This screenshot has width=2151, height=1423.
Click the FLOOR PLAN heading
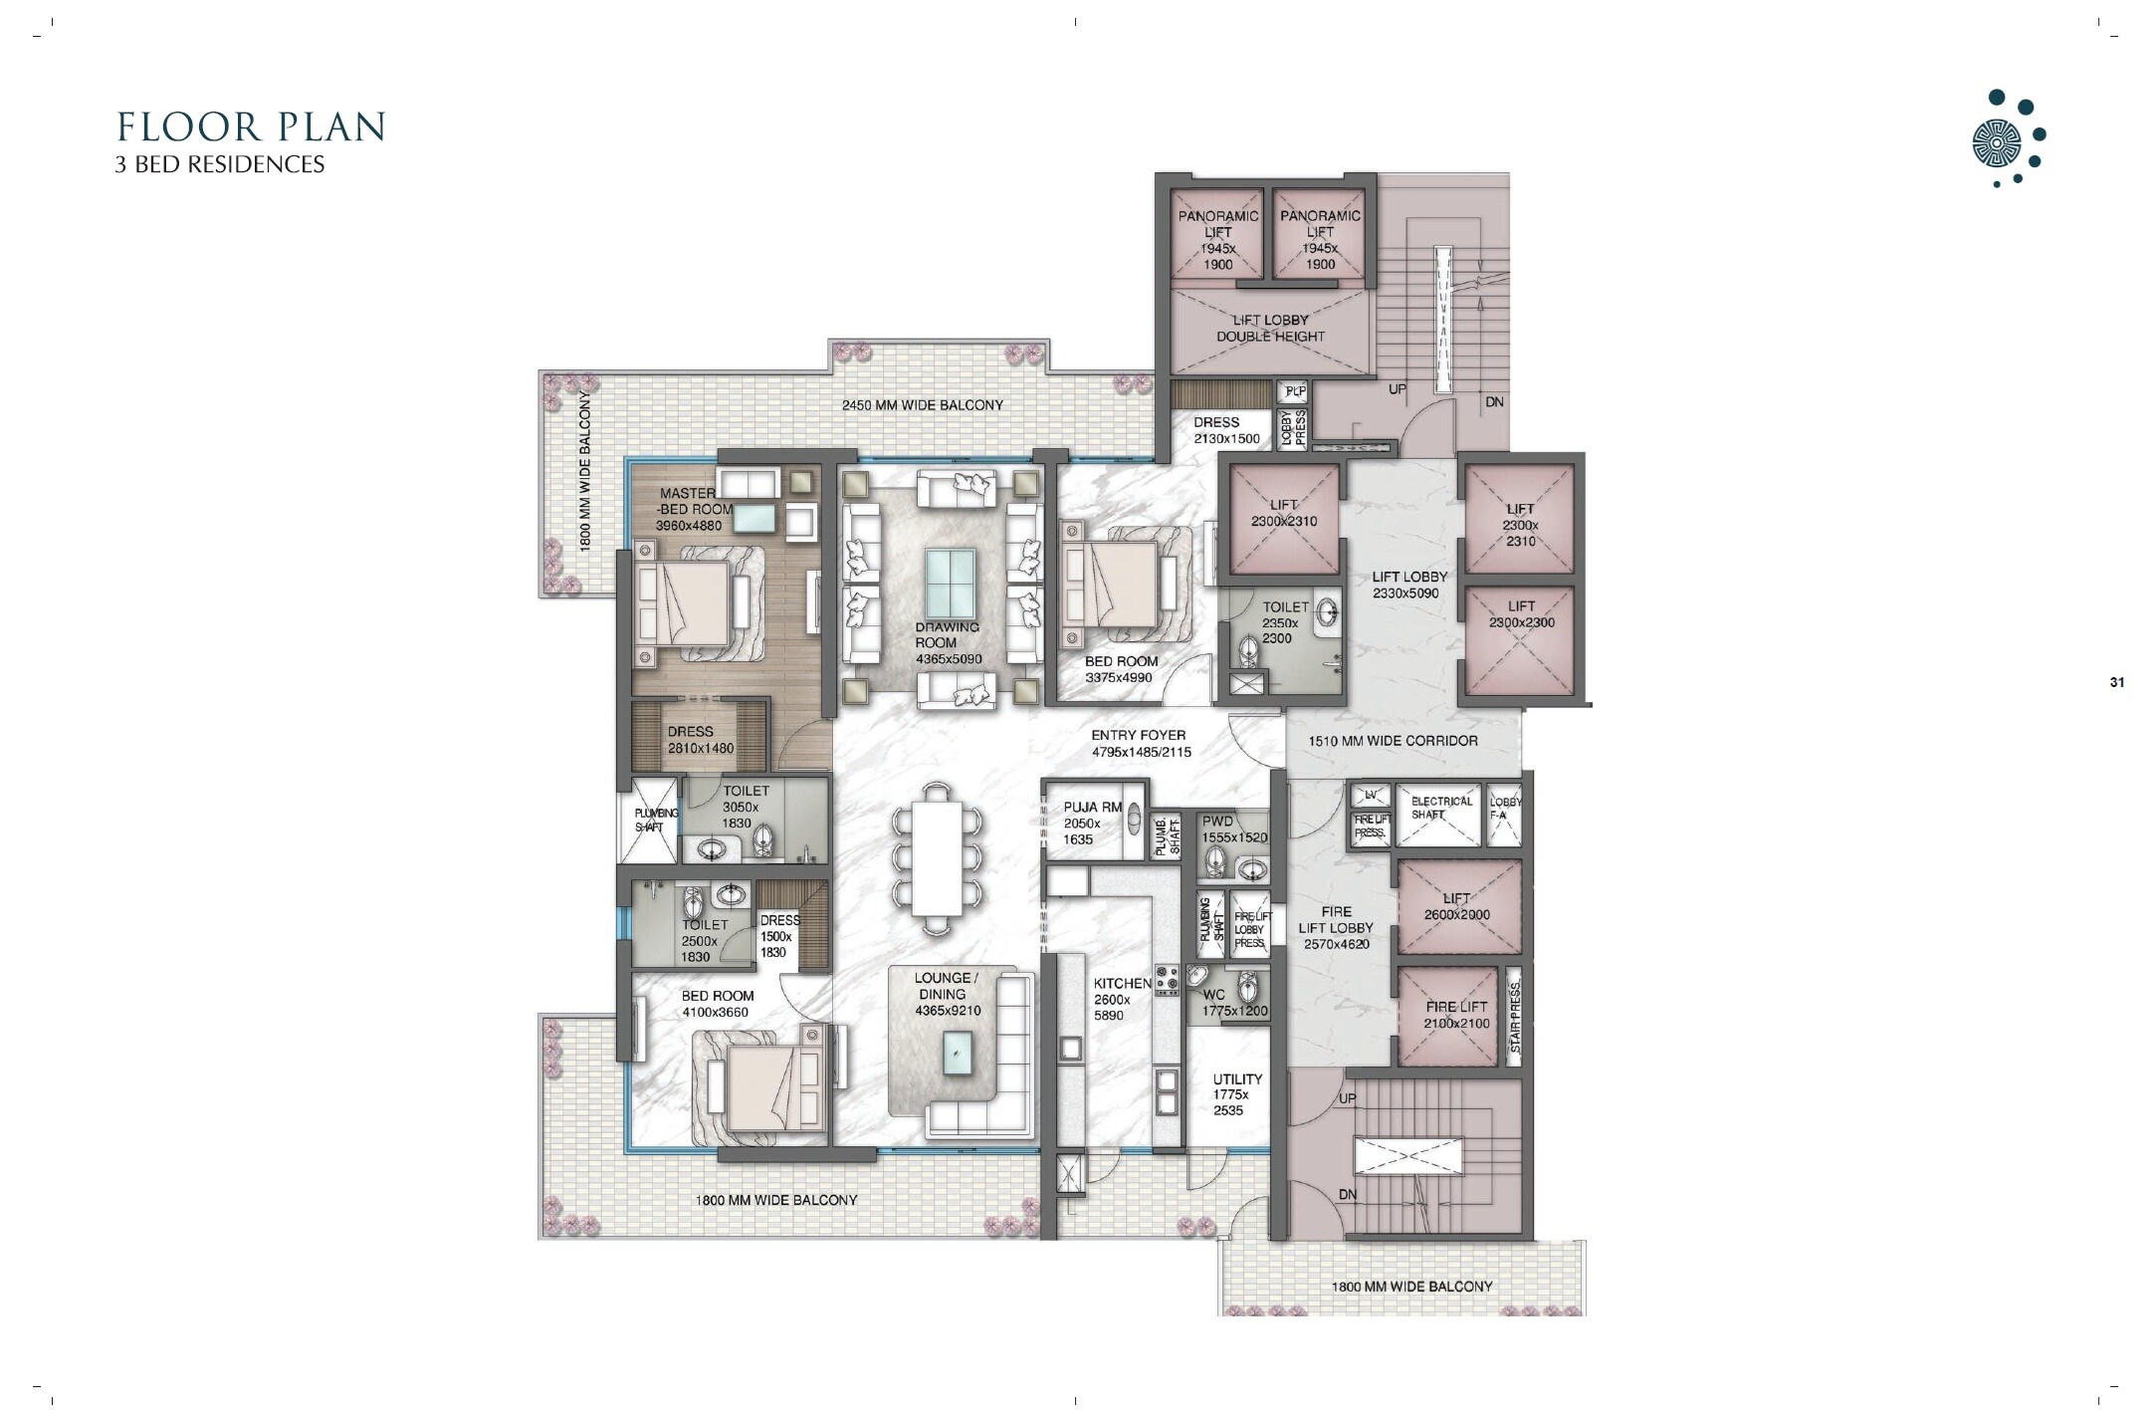pos(251,127)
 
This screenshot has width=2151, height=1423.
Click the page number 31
pos(2116,682)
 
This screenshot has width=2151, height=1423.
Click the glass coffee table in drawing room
pos(951,584)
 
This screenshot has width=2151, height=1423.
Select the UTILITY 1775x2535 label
pos(1236,1094)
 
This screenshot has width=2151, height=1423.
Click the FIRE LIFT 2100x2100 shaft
pos(1456,1015)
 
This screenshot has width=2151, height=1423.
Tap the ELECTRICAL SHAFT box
pos(1440,808)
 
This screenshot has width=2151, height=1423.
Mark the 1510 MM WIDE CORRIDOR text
pos(1392,741)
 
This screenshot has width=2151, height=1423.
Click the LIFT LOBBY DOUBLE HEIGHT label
pos(1270,328)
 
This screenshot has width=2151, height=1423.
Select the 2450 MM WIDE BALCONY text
pos(922,405)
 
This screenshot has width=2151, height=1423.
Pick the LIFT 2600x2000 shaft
pos(1456,907)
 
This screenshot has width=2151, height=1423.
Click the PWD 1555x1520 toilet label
pos(1233,830)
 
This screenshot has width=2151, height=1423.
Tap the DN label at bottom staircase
pos(1347,1194)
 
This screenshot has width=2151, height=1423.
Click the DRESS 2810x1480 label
pos(700,740)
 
